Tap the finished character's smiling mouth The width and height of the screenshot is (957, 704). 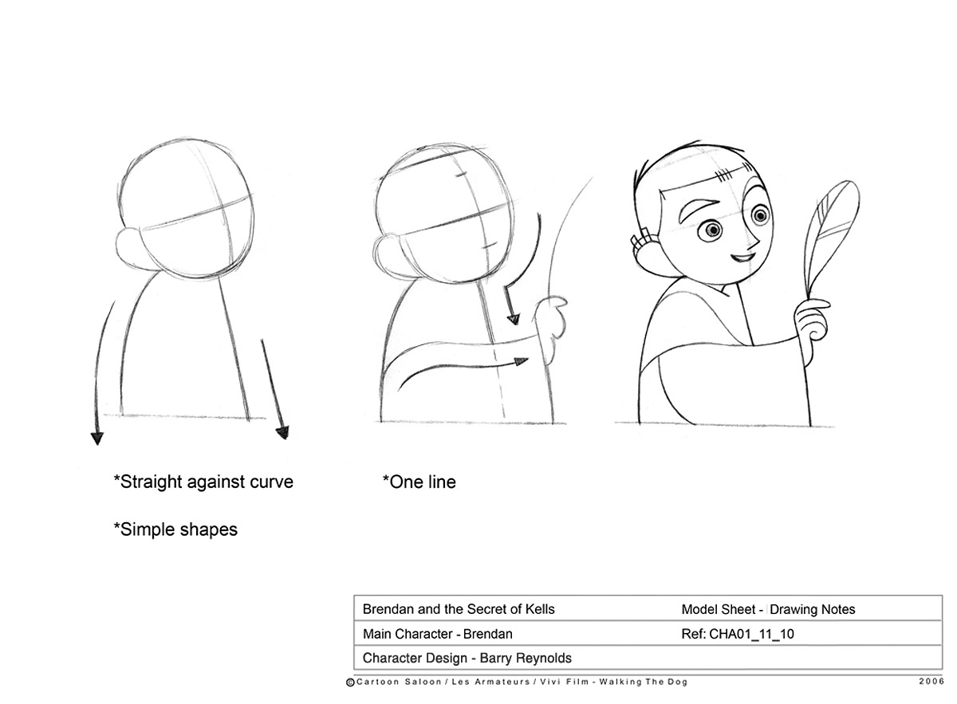[x=742, y=258]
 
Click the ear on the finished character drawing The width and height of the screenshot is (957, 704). [x=645, y=252]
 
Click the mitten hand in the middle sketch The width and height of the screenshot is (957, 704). [x=550, y=324]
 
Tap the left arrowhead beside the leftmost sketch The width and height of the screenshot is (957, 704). [x=97, y=439]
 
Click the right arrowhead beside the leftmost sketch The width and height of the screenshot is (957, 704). [x=283, y=432]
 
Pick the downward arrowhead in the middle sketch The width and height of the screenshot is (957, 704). [x=513, y=319]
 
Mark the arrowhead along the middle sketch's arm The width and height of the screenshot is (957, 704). [x=522, y=362]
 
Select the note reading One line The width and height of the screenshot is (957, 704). [x=419, y=482]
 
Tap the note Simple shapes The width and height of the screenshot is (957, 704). [x=175, y=529]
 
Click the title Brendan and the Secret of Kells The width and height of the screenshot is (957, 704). [x=459, y=609]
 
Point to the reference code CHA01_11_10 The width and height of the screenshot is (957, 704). [x=751, y=634]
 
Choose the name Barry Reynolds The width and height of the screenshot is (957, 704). [x=526, y=659]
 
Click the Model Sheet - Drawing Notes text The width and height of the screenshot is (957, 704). [x=768, y=610]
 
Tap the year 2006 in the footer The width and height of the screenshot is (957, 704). [x=931, y=682]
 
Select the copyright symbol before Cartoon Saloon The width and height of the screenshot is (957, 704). [x=350, y=682]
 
